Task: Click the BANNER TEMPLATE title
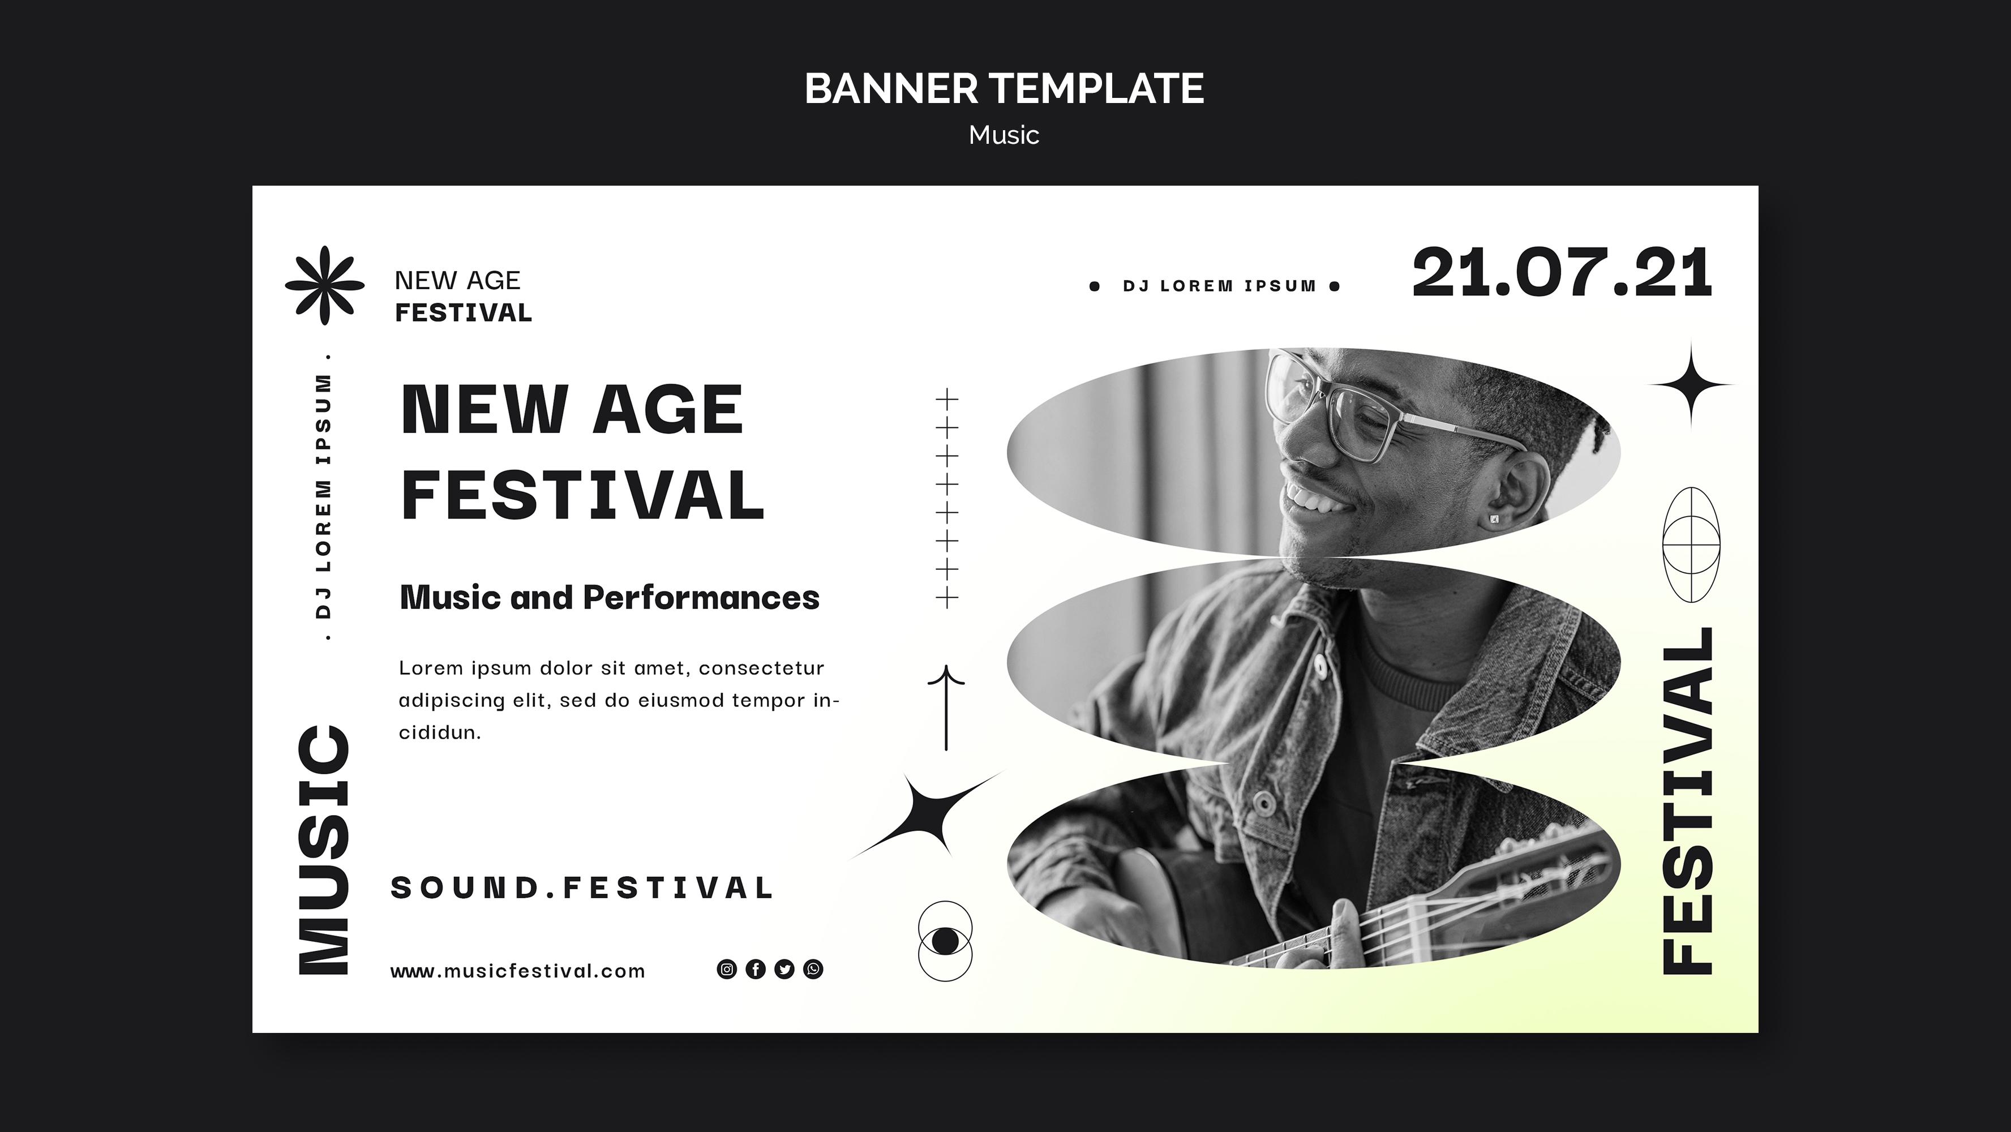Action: tap(1004, 88)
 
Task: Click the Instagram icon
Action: tap(727, 970)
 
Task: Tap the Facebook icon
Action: tap(756, 970)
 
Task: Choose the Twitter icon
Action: tap(784, 970)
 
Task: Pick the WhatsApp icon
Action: tap(813, 970)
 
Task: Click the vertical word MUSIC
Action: tap(324, 851)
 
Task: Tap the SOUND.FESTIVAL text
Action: tap(582, 887)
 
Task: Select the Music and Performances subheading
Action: tap(610, 598)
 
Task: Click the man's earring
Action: tap(1494, 517)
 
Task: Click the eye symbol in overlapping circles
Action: tap(945, 941)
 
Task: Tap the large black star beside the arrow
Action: tap(928, 816)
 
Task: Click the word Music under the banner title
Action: tap(1004, 135)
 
